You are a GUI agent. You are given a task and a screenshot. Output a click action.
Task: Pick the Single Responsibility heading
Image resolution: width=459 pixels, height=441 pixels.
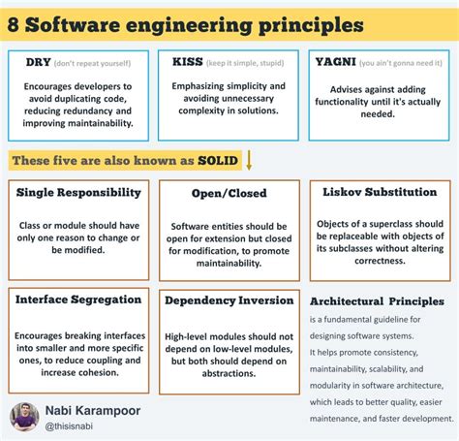pyautogui.click(x=79, y=192)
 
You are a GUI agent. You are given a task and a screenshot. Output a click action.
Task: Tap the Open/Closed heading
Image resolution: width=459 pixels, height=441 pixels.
pyautogui.click(x=229, y=192)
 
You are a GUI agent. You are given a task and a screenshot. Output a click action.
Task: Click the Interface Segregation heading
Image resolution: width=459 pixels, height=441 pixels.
pyautogui.click(x=79, y=300)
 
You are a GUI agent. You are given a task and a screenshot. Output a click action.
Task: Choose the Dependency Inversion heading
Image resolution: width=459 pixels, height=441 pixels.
pyautogui.click(x=229, y=300)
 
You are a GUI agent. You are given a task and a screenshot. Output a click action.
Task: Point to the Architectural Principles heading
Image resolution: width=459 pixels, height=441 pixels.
pyautogui.click(x=377, y=301)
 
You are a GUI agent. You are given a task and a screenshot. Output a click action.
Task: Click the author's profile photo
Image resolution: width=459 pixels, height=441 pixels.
pyautogui.click(x=24, y=417)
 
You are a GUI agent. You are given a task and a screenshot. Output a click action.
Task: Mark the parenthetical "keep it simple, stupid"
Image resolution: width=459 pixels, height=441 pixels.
pyautogui.click(x=247, y=63)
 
